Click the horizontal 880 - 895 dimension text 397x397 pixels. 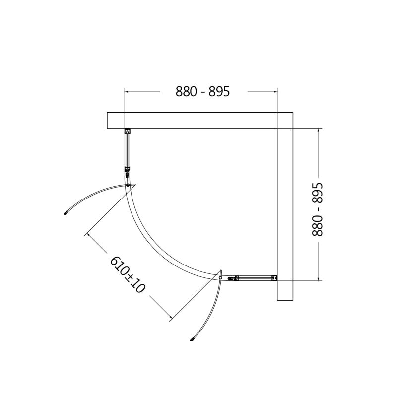(202, 91)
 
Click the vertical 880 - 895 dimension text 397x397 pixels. (317, 209)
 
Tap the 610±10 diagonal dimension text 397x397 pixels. (128, 275)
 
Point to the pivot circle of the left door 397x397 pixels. (128, 185)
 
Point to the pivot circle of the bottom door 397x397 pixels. (220, 278)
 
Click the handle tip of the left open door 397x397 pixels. (66, 213)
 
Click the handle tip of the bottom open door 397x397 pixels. (192, 339)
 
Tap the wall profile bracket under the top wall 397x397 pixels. (128, 131)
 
